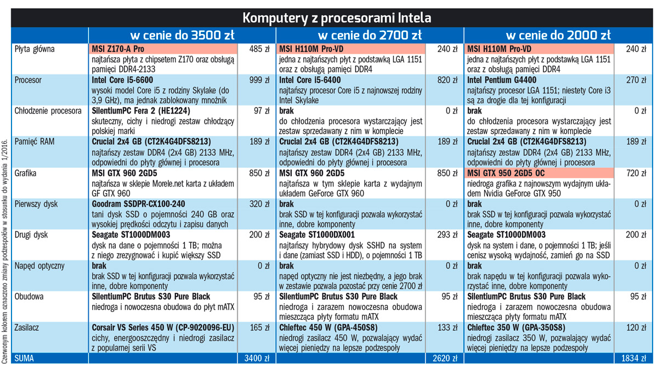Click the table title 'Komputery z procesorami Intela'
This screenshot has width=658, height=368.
[x=336, y=17]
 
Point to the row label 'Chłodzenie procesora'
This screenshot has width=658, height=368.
[x=48, y=111]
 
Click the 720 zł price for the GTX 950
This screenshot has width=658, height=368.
[x=634, y=173]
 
